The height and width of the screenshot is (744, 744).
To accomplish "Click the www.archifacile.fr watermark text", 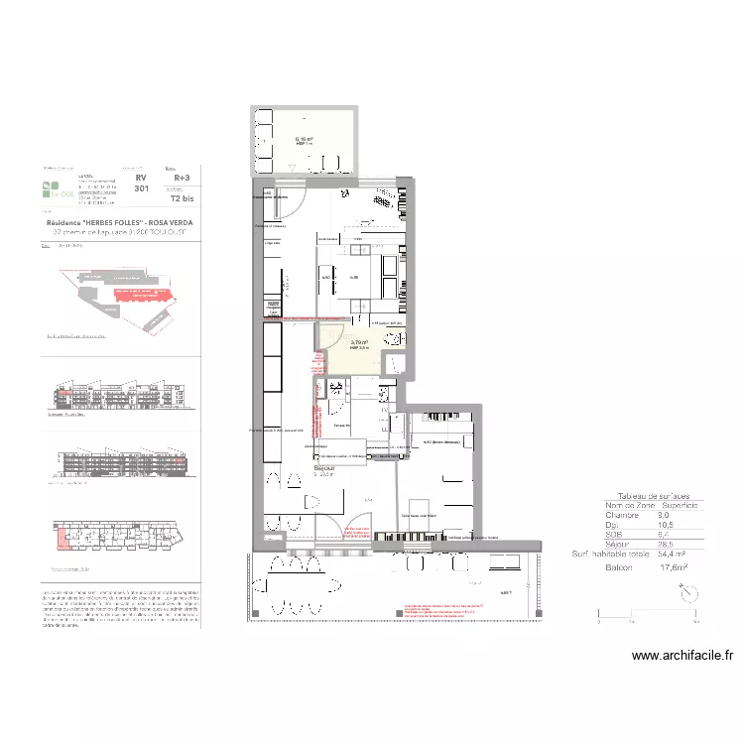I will (682, 655).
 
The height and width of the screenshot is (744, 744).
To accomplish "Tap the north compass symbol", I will (687, 592).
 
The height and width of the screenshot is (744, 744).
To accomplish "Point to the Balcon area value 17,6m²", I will (675, 568).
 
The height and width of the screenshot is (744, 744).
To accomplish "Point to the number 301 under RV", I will (141, 188).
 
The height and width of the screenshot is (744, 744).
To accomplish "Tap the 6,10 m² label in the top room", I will (305, 139).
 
